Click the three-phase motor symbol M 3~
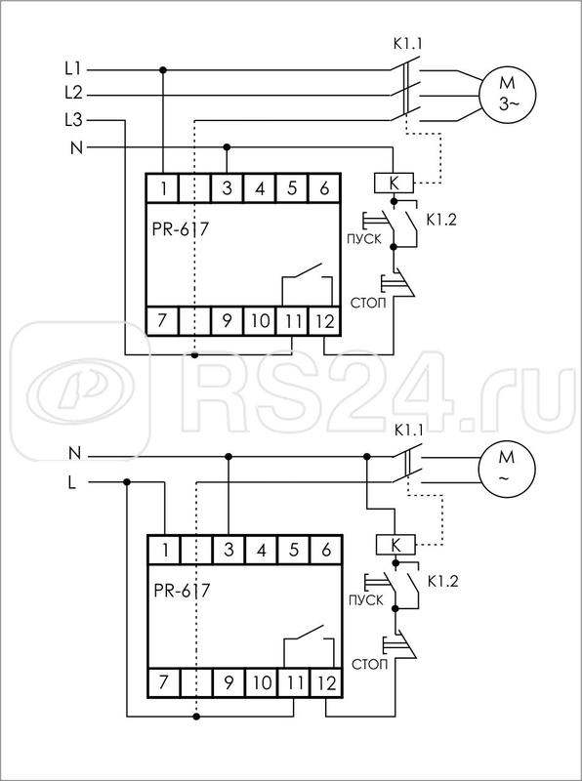coord(504,95)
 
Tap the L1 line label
coord(72,69)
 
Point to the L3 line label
coord(72,119)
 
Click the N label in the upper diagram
coord(76,144)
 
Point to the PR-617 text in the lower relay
coord(184,590)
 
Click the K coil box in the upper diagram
coord(393,183)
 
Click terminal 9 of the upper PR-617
coord(228,319)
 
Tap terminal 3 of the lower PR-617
coord(228,551)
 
